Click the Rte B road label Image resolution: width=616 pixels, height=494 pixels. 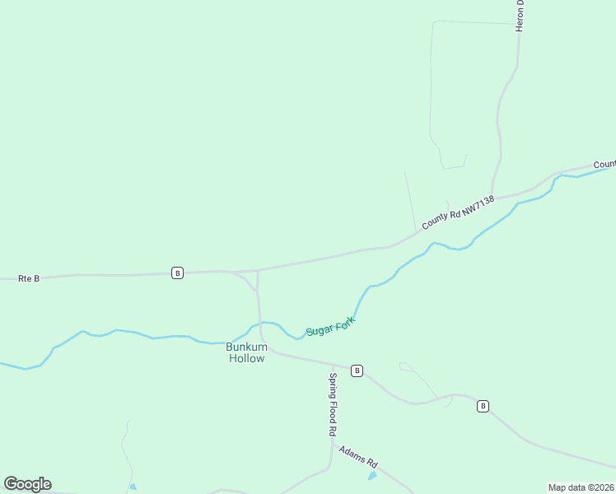coord(29,279)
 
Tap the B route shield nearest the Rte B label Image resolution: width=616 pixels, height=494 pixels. coord(177,273)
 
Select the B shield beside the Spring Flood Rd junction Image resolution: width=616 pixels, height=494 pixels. coord(357,370)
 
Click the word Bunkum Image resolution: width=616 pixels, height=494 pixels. coord(245,347)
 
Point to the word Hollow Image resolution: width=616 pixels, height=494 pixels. coord(246,358)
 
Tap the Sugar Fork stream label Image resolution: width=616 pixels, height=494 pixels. coord(330,325)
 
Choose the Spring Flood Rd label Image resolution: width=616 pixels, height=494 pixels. coord(334,404)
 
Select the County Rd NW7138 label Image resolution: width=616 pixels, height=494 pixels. coord(458,212)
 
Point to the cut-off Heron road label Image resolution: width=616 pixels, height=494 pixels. coord(520,16)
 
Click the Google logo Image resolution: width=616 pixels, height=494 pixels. coord(27,484)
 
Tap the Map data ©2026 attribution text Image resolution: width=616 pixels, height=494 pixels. coord(581,487)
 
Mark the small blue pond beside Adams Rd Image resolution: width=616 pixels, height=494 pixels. coord(372,476)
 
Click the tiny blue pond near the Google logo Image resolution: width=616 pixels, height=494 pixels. coord(133,487)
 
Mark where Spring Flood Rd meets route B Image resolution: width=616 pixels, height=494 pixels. coord(333,366)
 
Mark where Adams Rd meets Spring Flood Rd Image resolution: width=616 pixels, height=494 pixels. coord(332,445)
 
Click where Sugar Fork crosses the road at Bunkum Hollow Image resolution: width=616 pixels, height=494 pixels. coord(260,324)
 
